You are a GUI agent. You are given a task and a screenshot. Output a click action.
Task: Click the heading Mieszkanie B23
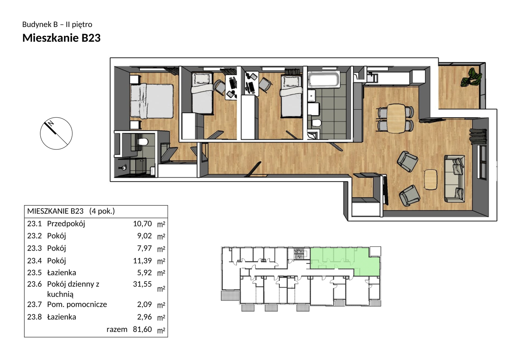point(62,38)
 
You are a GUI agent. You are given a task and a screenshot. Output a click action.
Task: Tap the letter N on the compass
point(51,123)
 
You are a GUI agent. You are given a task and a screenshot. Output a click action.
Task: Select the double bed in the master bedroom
point(152,101)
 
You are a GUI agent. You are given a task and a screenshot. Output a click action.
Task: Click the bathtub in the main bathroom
point(324,80)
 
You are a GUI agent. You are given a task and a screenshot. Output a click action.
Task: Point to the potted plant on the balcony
point(471,77)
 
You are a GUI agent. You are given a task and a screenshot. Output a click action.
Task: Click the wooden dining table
point(396,118)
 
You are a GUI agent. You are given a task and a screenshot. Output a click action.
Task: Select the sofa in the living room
point(454,178)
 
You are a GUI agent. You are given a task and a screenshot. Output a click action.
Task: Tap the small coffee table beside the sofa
point(431,180)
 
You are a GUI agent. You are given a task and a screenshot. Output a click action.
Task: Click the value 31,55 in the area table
point(142,284)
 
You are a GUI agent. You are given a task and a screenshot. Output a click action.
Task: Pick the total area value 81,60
point(142,329)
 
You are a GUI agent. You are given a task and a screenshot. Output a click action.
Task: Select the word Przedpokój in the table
point(66,224)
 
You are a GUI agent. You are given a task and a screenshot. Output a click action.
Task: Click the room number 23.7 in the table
point(34,304)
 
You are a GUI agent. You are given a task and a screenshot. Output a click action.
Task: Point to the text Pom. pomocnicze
point(77,304)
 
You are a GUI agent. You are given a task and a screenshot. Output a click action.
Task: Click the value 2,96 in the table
point(145,317)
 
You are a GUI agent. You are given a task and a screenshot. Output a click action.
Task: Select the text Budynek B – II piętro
point(57,24)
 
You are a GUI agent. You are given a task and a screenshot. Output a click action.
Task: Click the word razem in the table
point(117,329)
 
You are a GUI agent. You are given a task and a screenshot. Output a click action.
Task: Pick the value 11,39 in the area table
point(142,261)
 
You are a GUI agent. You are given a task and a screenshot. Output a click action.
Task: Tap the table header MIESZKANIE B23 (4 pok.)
point(71,211)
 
